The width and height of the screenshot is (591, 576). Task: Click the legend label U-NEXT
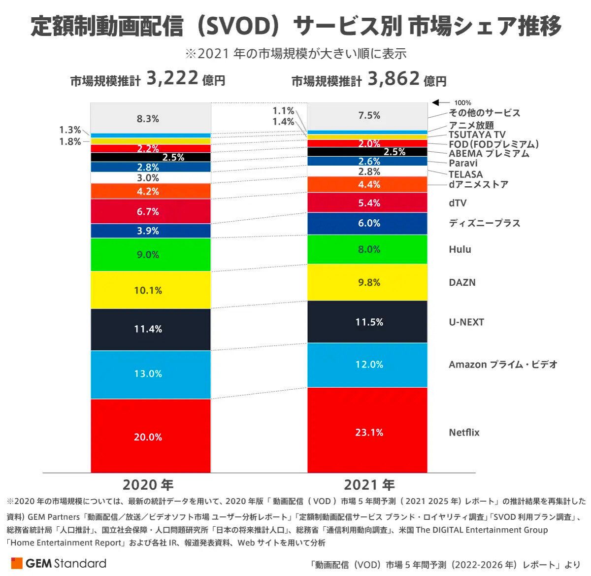[466, 322]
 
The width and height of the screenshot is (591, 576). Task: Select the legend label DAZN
[462, 282]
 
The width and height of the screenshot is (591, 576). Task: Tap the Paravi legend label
[463, 163]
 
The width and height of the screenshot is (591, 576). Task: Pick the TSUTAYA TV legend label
[477, 135]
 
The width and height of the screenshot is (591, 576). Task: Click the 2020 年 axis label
[148, 485]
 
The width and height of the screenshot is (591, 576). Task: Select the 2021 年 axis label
[369, 485]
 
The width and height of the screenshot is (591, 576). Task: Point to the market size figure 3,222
[172, 78]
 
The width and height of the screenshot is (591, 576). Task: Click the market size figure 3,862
[394, 78]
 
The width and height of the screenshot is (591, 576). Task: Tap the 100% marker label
[462, 102]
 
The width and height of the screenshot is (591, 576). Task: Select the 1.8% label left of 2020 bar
[70, 142]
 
